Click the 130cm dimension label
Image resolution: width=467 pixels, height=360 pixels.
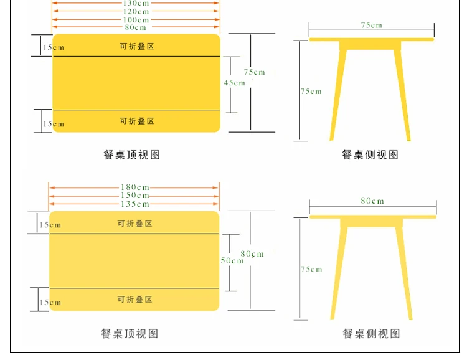136,3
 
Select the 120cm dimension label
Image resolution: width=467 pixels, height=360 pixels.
136,12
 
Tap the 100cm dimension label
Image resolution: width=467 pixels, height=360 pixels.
136,20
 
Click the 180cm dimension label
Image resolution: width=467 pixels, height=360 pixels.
135,187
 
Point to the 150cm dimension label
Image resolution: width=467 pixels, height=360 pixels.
135,196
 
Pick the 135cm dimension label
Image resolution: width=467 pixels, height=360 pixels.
135,204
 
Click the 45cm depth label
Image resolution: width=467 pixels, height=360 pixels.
234,83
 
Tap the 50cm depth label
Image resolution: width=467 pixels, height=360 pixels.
232,261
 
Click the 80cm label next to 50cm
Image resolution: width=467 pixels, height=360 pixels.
252,254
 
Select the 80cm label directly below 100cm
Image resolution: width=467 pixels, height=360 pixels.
136,27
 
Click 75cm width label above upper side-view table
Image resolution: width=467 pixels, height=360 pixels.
371,25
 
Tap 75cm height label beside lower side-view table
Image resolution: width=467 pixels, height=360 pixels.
311,270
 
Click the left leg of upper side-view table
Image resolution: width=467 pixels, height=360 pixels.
338,95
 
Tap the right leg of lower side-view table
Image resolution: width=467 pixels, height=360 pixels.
404,273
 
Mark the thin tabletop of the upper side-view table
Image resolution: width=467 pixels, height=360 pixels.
372,39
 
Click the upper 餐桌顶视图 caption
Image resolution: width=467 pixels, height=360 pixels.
131,154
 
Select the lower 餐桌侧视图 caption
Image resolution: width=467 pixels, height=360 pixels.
371,333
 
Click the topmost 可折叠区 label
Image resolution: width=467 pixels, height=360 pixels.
137,46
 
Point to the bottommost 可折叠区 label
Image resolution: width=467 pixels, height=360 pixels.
135,299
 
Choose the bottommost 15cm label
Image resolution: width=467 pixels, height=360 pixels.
50,303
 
